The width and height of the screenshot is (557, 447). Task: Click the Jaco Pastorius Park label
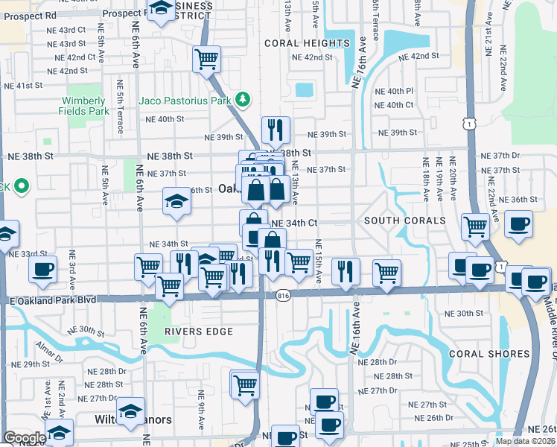pos(185,99)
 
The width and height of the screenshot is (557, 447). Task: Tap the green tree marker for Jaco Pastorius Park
pos(242,99)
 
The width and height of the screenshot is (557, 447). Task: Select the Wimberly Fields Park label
pos(83,106)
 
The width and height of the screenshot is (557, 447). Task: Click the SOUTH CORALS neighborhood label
pos(404,221)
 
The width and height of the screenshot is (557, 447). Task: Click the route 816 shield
pos(283,295)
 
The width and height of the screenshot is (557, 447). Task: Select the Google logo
pos(25,438)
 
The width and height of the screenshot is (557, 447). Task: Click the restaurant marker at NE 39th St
pos(276,130)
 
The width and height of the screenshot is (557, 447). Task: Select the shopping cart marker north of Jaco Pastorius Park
pos(206,59)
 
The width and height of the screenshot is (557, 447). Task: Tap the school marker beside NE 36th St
pos(176,200)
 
